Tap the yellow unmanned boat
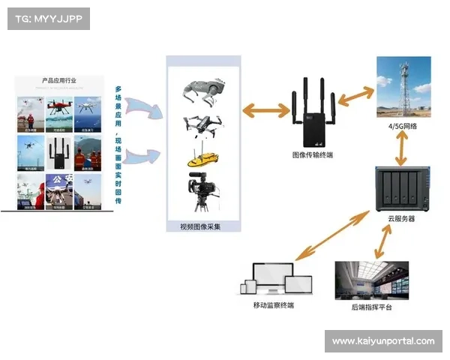pos(202,159)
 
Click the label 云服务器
pos(401,218)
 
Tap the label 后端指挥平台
pos(371,307)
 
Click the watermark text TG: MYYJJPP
pos(47,18)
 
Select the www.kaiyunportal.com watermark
pos(383,341)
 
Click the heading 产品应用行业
pos(59,80)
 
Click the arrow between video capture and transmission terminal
pos(266,110)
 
